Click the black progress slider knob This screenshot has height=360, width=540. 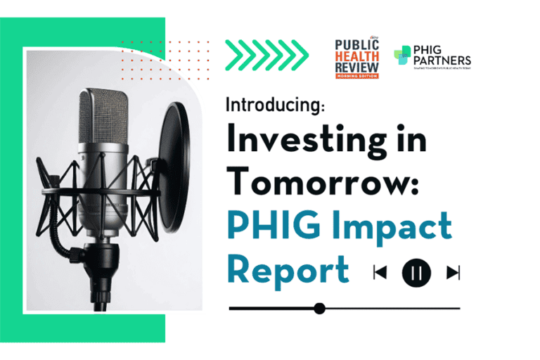319,308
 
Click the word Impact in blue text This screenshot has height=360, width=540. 394,226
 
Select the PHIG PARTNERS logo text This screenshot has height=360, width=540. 443,56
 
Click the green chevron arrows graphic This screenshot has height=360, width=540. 266,51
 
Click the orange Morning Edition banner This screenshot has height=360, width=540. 357,75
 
